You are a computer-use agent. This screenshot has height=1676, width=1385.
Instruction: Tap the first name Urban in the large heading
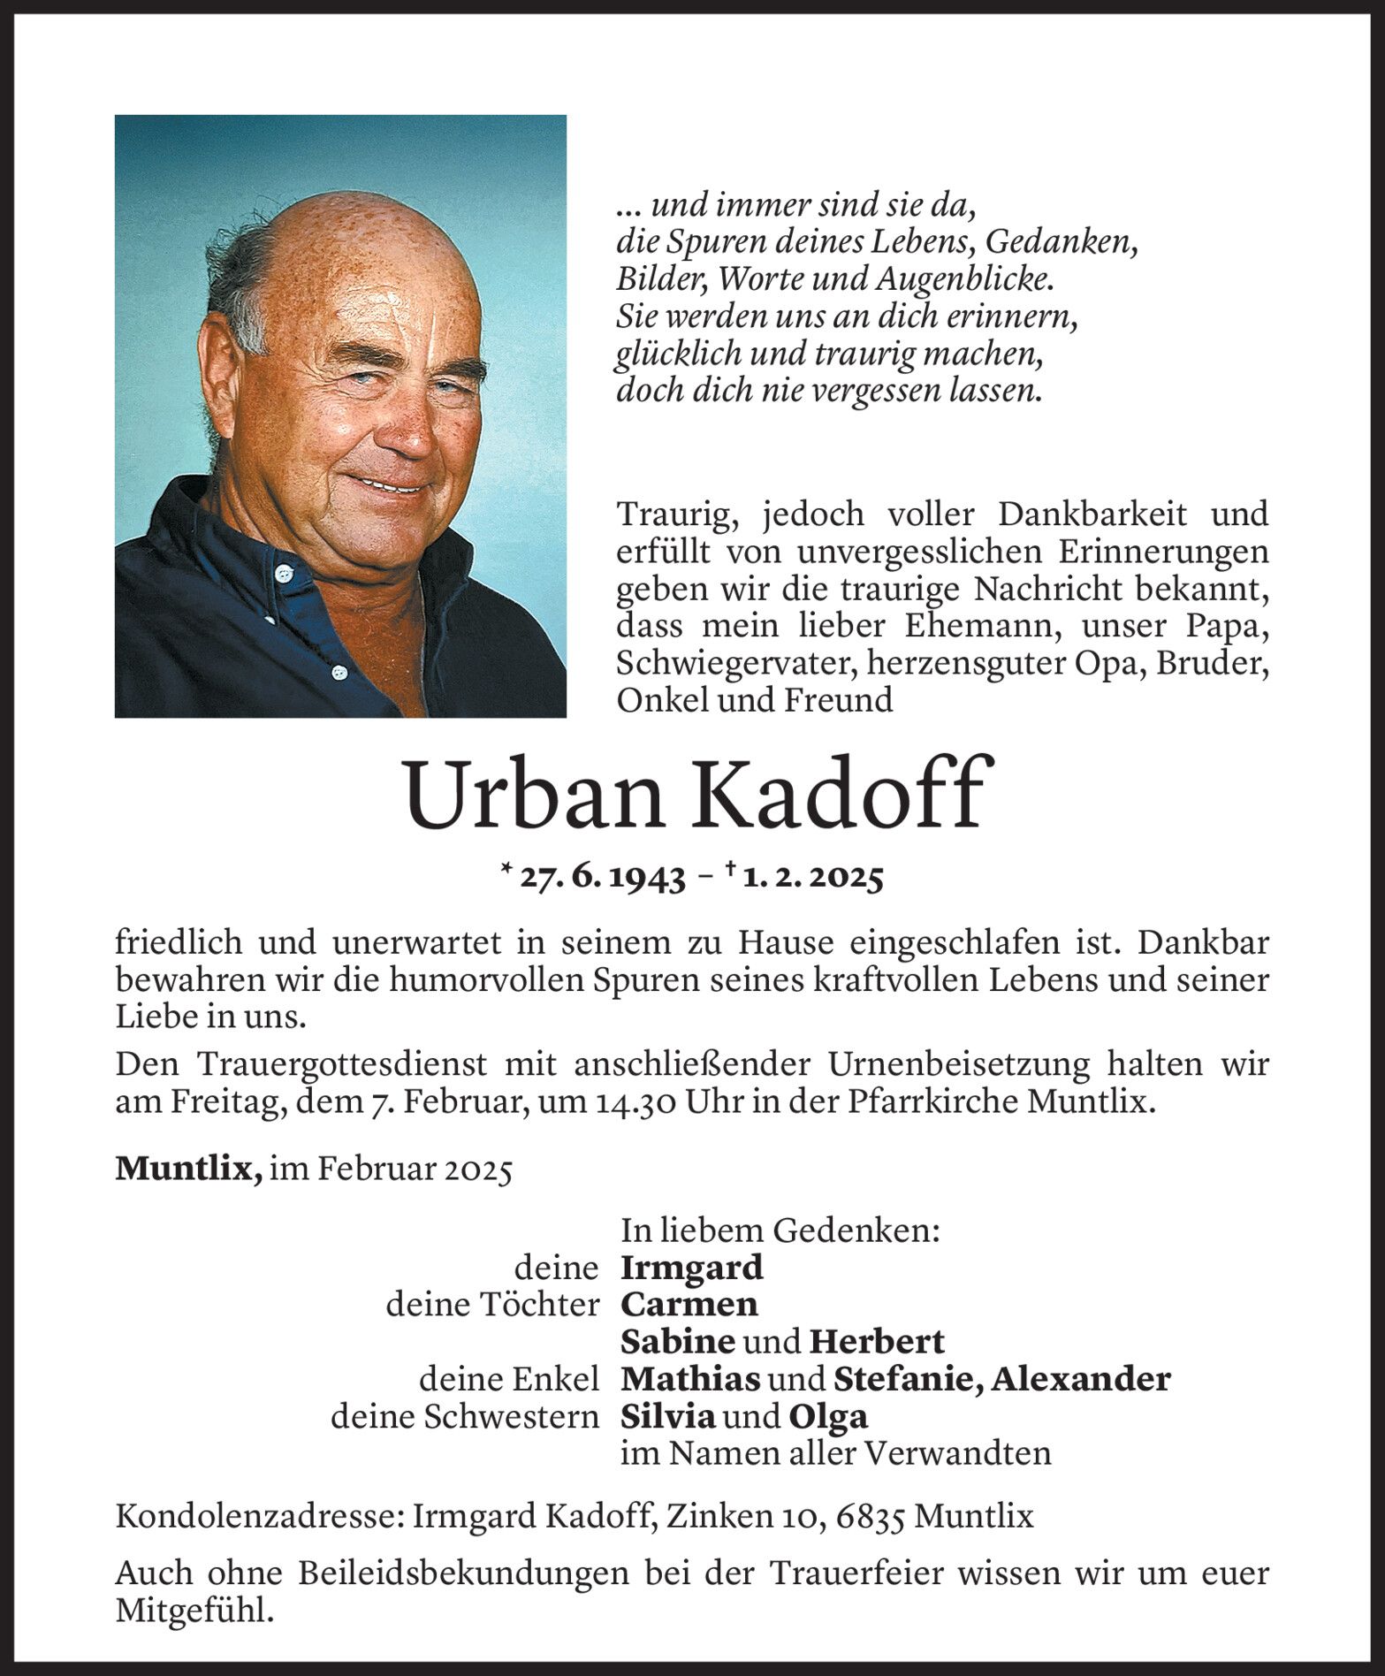534,794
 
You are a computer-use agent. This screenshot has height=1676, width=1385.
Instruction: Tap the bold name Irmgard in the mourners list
691,1268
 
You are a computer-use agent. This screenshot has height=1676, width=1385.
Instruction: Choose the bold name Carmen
689,1305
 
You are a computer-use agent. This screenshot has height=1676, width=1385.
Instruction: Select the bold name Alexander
1080,1379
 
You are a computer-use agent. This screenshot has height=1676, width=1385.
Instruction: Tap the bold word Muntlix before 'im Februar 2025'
187,1169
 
